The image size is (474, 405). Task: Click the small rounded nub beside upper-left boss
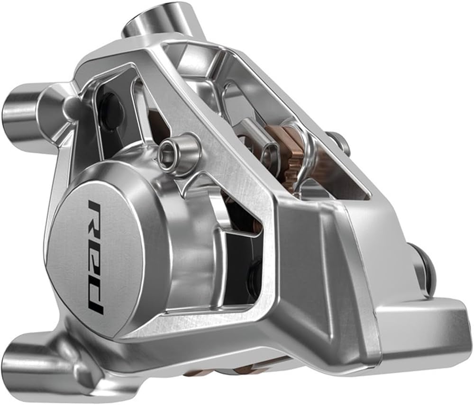click(71, 107)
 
